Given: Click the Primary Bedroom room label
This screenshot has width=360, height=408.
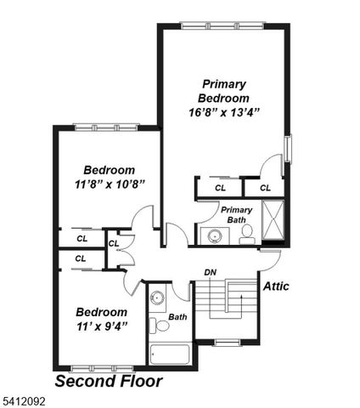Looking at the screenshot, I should (224, 91).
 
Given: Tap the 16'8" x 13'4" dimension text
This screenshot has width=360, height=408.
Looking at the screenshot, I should (224, 111).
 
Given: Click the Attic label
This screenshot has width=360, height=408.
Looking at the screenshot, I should (275, 286).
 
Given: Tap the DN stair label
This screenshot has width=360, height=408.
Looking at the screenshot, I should (210, 272).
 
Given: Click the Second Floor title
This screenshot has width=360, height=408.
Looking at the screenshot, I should (108, 382).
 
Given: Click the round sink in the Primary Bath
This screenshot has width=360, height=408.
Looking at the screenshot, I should (213, 235).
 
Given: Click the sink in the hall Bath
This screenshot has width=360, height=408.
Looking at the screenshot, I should (157, 299).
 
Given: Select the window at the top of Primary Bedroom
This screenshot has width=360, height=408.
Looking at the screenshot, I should (223, 25).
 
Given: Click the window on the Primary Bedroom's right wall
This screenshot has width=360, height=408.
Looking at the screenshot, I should (287, 148).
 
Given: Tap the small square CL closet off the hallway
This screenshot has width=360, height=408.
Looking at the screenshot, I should (113, 242).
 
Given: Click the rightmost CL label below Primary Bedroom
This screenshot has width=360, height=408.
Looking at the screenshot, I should (266, 188).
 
